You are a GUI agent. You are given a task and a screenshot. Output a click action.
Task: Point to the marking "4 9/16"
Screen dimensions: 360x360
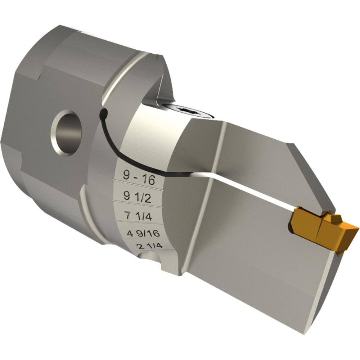(x=143, y=234)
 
